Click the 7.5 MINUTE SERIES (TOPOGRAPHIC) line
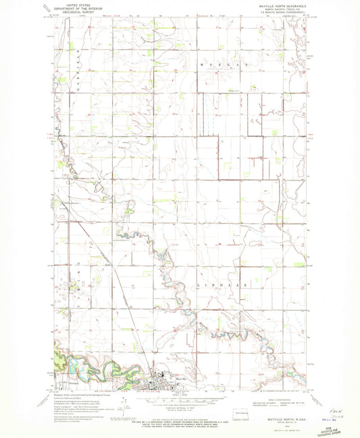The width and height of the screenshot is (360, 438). pos(282,15)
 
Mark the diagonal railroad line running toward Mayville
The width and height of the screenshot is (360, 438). pos(128,304)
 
